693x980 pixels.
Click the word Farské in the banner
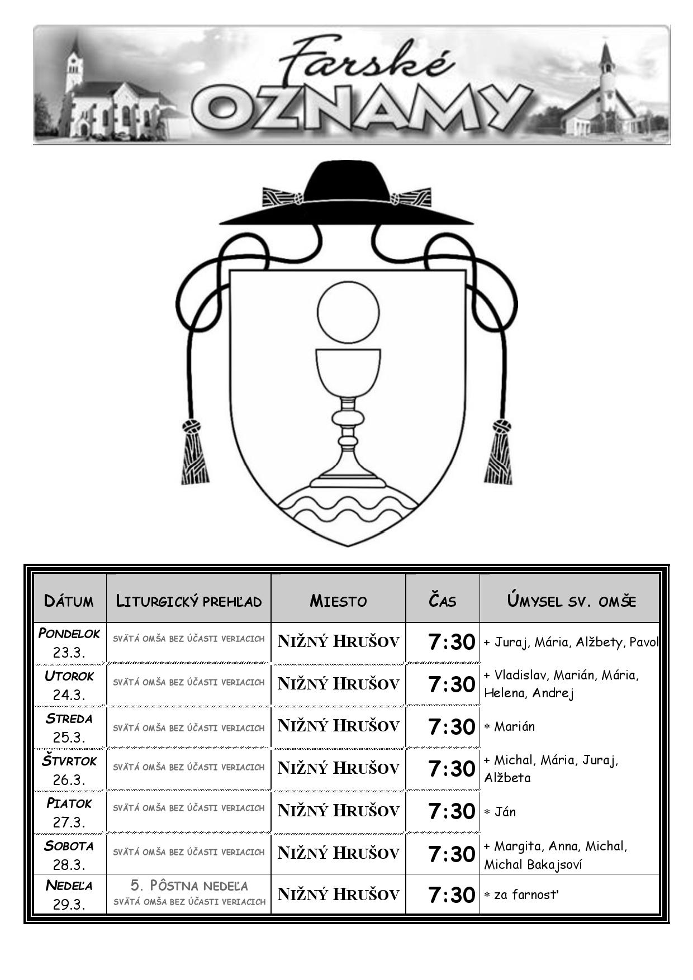coord(366,61)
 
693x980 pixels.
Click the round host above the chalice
coord(348,312)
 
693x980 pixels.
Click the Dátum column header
coord(69,601)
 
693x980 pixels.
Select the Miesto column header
coord(338,601)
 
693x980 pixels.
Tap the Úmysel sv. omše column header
coord(571,601)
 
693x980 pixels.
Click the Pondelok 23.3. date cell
coord(69,643)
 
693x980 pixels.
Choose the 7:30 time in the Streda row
coord(452,726)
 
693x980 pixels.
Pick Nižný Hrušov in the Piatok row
coord(338,811)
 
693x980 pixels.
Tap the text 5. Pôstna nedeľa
coord(189,886)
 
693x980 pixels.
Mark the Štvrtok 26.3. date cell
coord(69,770)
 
